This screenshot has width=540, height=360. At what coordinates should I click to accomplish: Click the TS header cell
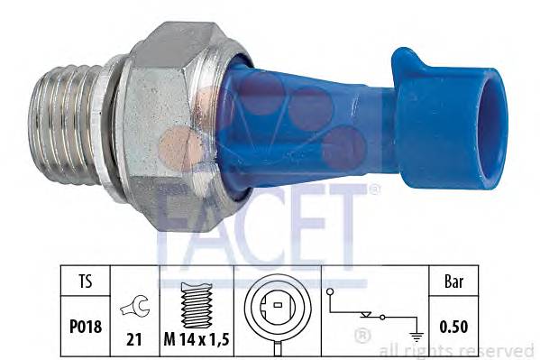click(x=86, y=281)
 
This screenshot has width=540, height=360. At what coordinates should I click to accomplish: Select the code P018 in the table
click(x=86, y=327)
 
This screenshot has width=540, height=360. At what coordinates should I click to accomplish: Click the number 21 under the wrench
click(x=134, y=339)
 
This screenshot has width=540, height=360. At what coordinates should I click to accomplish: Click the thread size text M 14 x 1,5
click(x=197, y=339)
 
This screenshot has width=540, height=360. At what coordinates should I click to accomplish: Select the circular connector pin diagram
click(x=278, y=306)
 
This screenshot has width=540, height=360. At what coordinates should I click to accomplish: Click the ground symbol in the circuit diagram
click(x=416, y=336)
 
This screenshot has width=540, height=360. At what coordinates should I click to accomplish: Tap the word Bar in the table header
click(x=453, y=281)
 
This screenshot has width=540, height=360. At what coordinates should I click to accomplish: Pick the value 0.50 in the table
click(x=453, y=327)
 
